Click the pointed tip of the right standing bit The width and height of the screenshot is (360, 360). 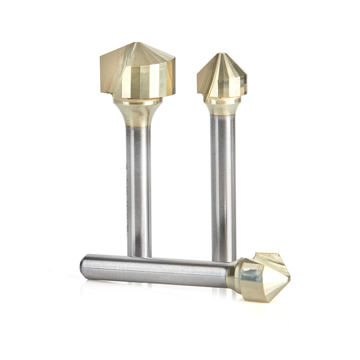pyautogui.click(x=222, y=54)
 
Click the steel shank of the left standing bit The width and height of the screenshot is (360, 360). pyautogui.click(x=139, y=187)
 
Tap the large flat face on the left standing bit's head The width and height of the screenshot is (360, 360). pyautogui.click(x=115, y=70)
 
